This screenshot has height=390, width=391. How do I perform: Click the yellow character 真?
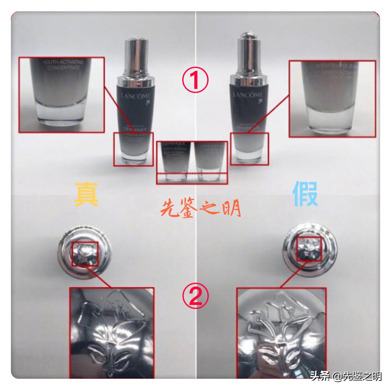click(86, 194)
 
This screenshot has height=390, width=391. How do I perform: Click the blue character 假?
click(305, 194)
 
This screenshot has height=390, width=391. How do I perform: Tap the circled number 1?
click(195, 80)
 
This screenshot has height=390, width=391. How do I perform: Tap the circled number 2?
click(195, 296)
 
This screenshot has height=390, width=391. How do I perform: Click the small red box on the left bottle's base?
click(133, 149)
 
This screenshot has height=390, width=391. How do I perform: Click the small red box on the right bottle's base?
click(249, 149)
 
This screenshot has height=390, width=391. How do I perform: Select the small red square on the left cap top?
click(85, 254)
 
